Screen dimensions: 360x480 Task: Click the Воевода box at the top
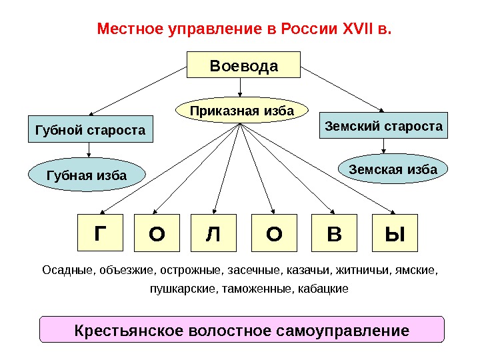243,67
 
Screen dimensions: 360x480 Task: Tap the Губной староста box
90,130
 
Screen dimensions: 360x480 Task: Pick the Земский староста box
383,125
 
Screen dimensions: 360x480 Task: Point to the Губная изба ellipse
87,175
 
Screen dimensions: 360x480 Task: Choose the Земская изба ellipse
393,170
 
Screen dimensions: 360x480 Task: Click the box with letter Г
100,233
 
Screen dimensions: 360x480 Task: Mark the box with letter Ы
395,233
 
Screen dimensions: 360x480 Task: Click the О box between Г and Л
157,233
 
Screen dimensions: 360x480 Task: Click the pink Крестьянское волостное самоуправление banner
241,330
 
